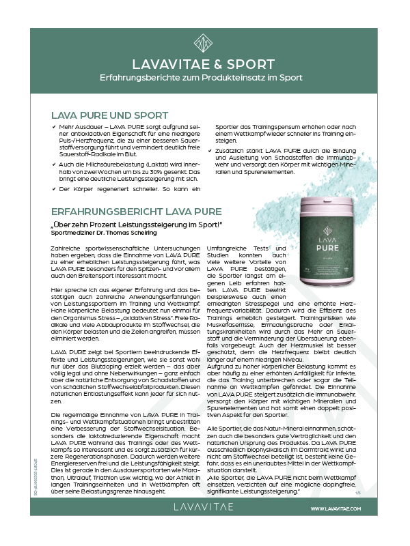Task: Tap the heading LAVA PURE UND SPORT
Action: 109,115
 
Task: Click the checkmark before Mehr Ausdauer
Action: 54,127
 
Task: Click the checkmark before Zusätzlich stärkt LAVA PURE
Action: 219,149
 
